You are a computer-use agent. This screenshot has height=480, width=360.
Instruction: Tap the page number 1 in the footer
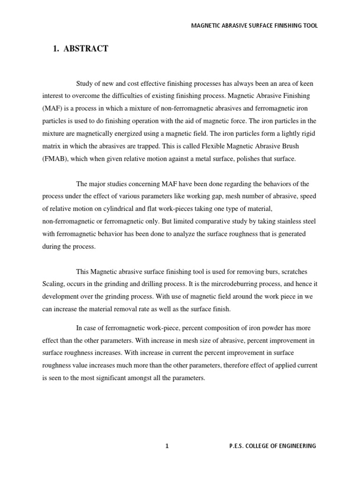[x=166, y=446]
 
